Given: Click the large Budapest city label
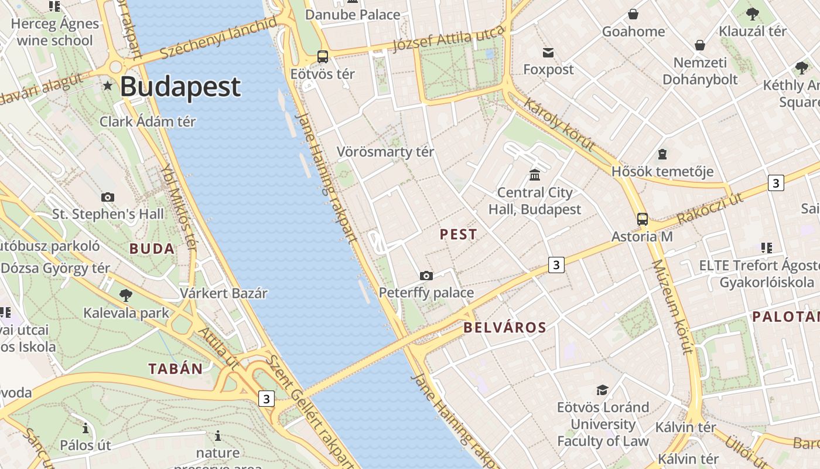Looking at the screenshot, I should (x=180, y=87).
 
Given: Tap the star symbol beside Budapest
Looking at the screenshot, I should (x=108, y=86).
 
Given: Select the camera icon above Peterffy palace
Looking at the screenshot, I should (x=426, y=276).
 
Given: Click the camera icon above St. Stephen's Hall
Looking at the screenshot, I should (x=108, y=197).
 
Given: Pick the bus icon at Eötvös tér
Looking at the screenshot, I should (x=323, y=57).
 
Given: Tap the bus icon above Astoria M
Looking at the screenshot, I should (x=643, y=219).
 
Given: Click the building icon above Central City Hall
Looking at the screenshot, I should (x=535, y=175).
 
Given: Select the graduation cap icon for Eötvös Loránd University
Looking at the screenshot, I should (x=602, y=390).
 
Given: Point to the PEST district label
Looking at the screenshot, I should (x=459, y=235).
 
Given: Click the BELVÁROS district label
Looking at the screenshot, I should (x=505, y=328).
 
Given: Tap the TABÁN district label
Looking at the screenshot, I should (x=175, y=369).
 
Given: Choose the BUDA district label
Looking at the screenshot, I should (x=152, y=249).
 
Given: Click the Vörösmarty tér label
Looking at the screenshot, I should (x=385, y=152).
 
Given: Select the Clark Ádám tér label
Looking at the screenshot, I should (x=148, y=122).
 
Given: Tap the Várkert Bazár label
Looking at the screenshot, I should (x=224, y=293).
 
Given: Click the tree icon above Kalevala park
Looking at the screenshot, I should (x=125, y=295).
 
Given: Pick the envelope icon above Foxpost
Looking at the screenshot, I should (x=548, y=53).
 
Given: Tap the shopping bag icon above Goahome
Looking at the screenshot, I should (x=633, y=14).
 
